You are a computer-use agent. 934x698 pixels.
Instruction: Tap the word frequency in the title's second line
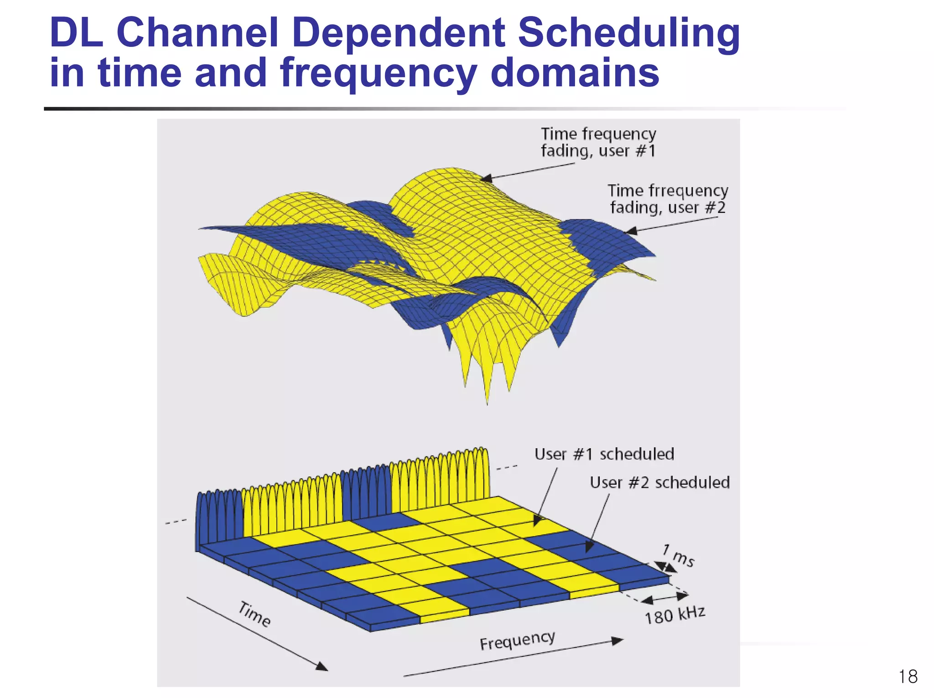pos(378,74)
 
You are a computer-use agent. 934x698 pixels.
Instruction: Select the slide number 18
pos(908,677)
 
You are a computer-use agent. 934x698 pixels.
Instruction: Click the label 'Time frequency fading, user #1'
pos(598,142)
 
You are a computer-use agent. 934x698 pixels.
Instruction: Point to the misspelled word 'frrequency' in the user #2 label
pos(688,191)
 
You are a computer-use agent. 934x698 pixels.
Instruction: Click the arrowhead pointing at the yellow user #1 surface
pos(486,178)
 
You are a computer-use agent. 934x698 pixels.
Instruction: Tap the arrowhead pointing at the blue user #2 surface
pos(631,232)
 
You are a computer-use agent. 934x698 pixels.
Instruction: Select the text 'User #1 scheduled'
pos(604,454)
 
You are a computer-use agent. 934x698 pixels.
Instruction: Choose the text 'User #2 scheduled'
pos(659,482)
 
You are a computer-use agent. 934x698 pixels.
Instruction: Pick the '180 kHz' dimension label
pos(675,615)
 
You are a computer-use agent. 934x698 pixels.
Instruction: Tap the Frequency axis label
pos(517,641)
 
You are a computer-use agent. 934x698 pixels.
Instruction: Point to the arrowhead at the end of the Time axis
pos(322,667)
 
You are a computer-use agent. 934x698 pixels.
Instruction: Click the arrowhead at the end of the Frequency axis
pos(617,641)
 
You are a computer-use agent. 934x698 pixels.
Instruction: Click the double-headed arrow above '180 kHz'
pos(667,597)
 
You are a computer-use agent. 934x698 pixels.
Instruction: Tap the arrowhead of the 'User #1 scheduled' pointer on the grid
pos(538,521)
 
